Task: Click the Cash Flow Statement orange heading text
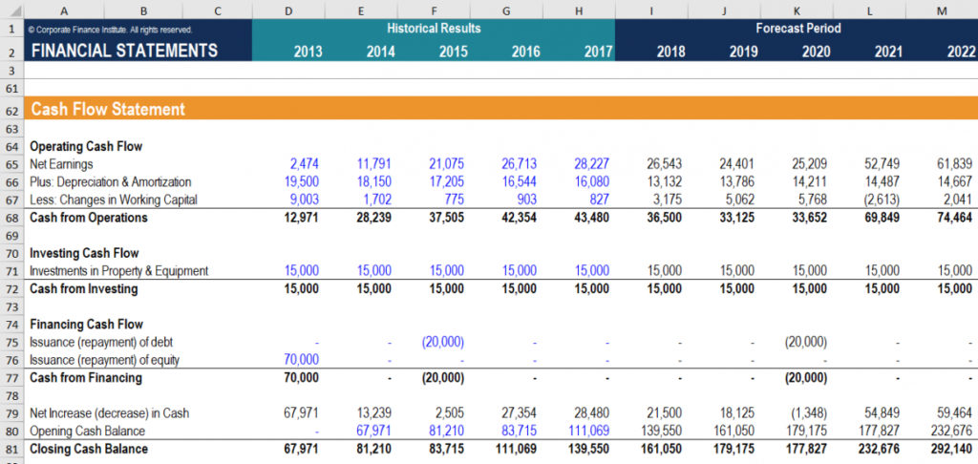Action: pos(108,110)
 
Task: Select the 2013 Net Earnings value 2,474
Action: pos(303,164)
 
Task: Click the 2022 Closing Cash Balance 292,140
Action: pos(951,449)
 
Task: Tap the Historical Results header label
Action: pos(434,29)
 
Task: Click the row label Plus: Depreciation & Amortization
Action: pos(111,182)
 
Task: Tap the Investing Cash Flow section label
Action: pos(84,253)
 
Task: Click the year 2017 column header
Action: pos(597,52)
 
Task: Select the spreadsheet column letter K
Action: pos(797,11)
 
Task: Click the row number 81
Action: pos(11,449)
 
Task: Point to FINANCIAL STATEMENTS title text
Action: pos(124,51)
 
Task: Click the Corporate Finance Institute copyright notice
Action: pos(111,30)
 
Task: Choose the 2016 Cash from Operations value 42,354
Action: pos(519,218)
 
